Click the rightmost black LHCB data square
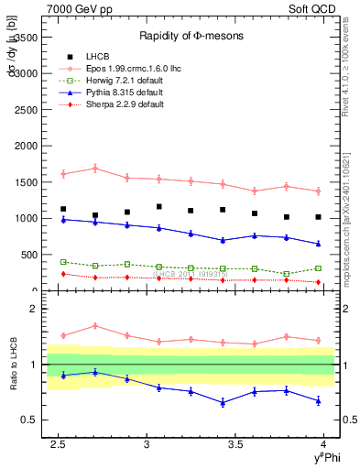318,217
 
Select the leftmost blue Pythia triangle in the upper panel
63,220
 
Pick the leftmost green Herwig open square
63,262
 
